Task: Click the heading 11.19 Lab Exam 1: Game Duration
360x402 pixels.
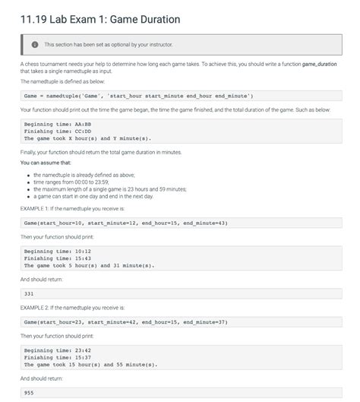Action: pyautogui.click(x=100, y=18)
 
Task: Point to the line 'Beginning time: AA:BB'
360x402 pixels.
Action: pyautogui.click(x=58, y=124)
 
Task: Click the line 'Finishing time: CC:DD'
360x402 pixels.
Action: pyautogui.click(x=58, y=131)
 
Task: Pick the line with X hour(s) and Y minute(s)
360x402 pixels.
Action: pyautogui.click(x=87, y=138)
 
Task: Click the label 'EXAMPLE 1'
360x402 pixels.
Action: pyautogui.click(x=38, y=207)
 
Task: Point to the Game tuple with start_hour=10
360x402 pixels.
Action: pyautogui.click(x=125, y=223)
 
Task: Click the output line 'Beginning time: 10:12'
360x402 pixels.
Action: pyautogui.click(x=58, y=252)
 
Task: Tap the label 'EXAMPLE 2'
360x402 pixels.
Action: pyautogui.click(x=38, y=308)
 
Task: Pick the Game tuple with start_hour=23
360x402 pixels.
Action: pyautogui.click(x=125, y=322)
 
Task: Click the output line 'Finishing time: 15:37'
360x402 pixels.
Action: pyautogui.click(x=58, y=357)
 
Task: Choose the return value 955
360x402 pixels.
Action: pyautogui.click(x=30, y=393)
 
